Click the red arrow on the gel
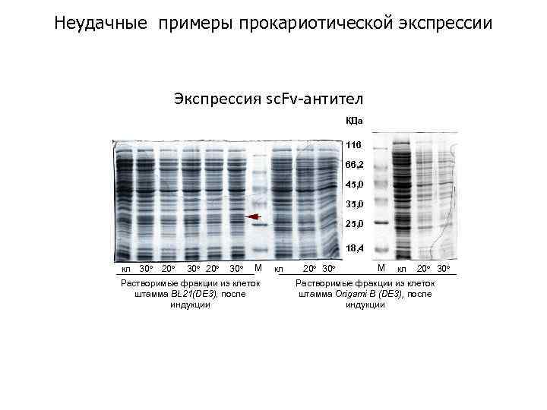click(x=251, y=217)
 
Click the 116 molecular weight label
click(x=355, y=144)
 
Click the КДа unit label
click(x=355, y=120)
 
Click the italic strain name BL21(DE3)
click(x=192, y=294)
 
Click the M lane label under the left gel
click(x=258, y=268)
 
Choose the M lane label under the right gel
click(x=381, y=268)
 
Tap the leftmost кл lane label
click(x=126, y=269)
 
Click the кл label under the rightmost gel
click(x=402, y=269)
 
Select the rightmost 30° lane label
click(x=444, y=269)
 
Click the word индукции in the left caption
click(x=190, y=304)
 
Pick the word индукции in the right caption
click(x=365, y=304)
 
